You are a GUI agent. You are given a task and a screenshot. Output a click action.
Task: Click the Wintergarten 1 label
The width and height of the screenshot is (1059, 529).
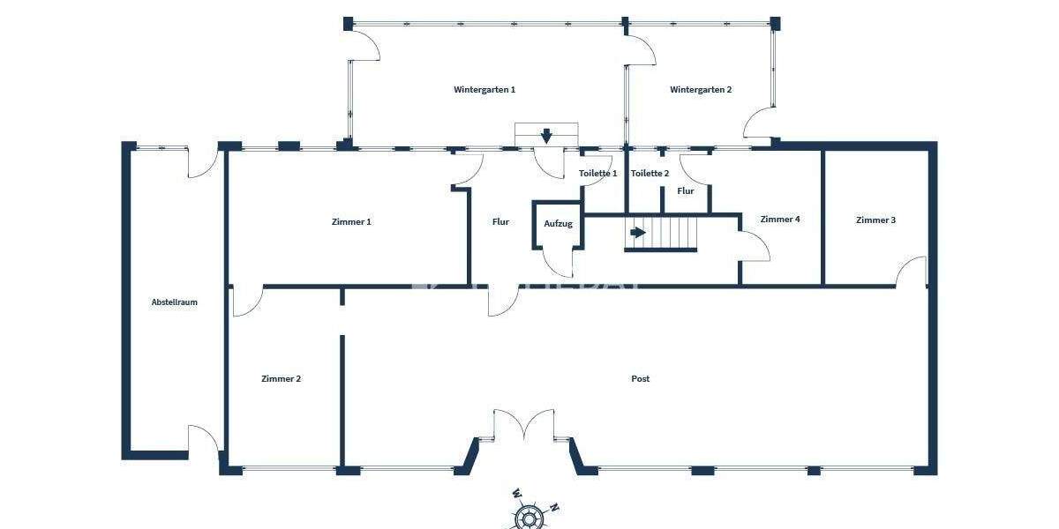[484, 90]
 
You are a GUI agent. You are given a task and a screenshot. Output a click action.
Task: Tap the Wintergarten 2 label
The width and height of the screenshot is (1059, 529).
[701, 90]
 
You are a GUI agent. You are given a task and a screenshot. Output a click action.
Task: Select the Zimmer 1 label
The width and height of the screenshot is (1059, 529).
[351, 222]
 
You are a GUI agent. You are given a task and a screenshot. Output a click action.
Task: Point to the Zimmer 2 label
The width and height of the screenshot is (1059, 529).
[281, 379]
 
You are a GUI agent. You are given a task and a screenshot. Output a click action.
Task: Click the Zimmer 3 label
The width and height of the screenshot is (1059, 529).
[875, 220]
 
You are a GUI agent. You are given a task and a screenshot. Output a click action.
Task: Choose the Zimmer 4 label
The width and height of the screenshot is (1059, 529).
[780, 220]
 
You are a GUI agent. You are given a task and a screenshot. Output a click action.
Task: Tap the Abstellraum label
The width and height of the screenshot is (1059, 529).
[174, 302]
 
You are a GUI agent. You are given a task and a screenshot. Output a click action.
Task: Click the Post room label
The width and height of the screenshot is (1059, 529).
[641, 379]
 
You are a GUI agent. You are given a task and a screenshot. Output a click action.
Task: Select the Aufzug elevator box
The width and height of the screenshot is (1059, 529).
[558, 224]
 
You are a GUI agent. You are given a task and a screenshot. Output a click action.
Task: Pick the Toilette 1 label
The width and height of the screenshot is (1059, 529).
[597, 174]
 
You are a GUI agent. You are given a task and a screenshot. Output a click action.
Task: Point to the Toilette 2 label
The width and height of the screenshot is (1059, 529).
[650, 174]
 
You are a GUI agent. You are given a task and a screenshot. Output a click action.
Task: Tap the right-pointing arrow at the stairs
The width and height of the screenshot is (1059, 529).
[637, 233]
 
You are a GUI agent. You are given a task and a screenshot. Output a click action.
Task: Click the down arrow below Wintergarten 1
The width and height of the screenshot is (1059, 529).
[546, 135]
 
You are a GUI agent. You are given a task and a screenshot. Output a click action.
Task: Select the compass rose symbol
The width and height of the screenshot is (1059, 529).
[528, 518]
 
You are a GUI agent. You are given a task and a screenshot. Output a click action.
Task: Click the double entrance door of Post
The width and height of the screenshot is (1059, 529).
[524, 425]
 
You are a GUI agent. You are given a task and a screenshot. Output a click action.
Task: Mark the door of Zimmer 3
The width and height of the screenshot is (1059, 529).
[912, 271]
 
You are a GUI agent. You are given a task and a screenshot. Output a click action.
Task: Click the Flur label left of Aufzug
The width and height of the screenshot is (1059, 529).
[500, 222]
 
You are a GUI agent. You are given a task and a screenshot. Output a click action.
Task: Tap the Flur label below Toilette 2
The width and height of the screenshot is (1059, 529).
[686, 191]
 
